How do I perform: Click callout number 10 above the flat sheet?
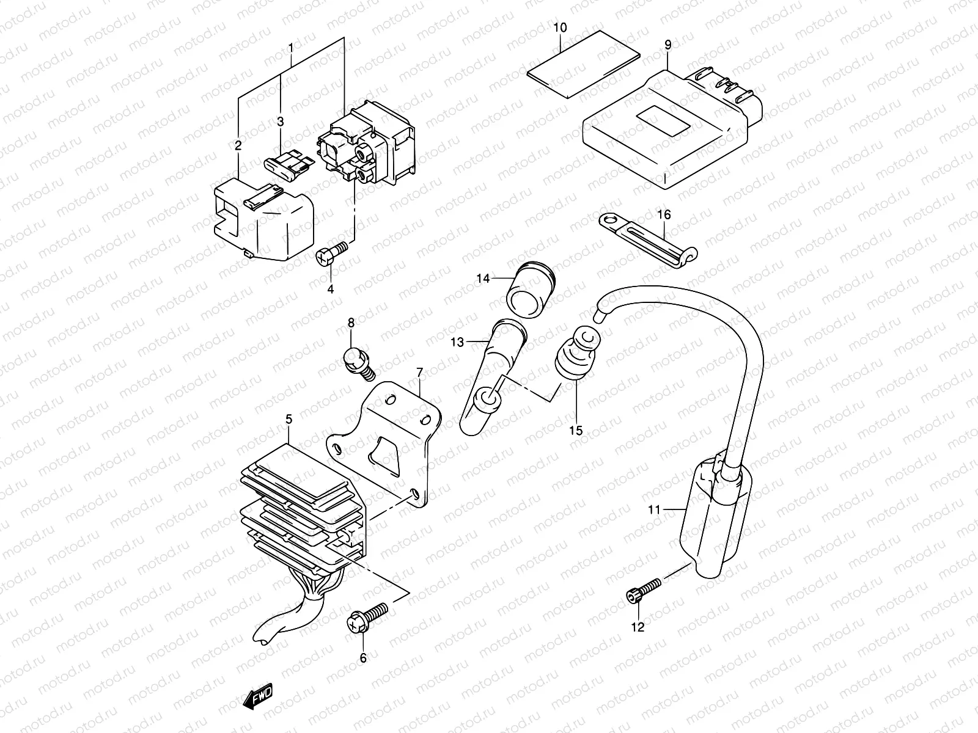(x=561, y=28)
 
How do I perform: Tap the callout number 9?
(x=667, y=44)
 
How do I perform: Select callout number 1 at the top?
(x=291, y=47)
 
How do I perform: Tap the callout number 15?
(x=575, y=431)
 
